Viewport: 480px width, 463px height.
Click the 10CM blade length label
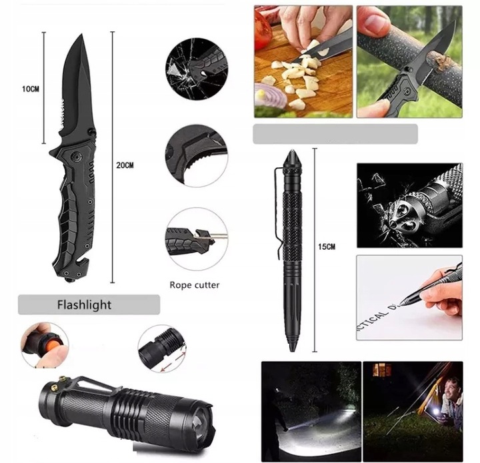(31, 88)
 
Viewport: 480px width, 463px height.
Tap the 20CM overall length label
(125, 165)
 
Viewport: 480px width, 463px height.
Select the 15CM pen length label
(327, 246)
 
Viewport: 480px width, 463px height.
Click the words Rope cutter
(195, 284)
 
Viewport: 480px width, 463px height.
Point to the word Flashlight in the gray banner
(85, 305)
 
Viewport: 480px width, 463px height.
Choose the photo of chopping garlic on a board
(303, 61)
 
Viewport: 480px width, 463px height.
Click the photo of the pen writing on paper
(409, 298)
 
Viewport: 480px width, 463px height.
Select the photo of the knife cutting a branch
(409, 61)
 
